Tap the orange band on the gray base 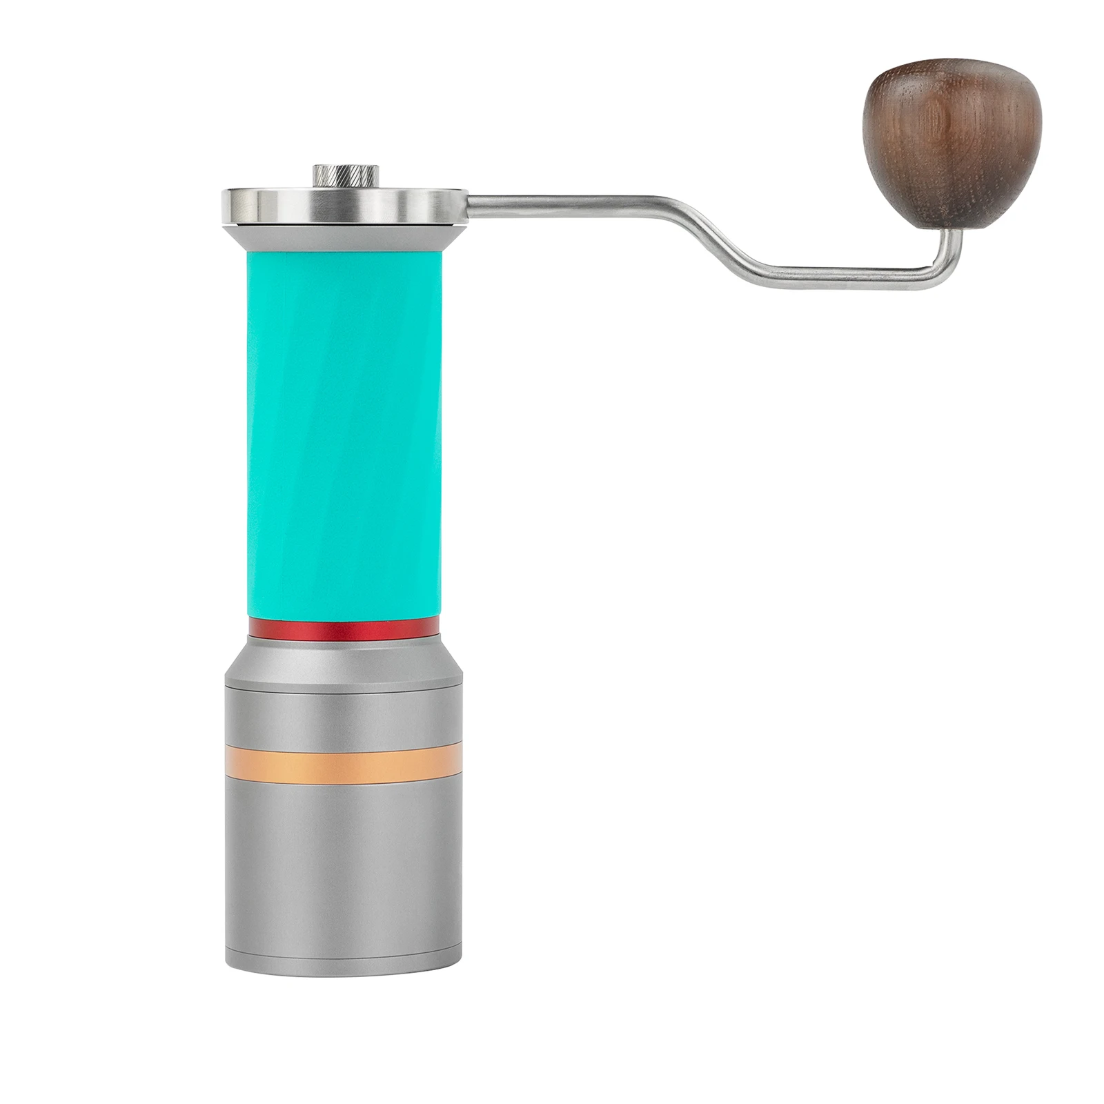(343, 762)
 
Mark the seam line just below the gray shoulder (343, 691)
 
